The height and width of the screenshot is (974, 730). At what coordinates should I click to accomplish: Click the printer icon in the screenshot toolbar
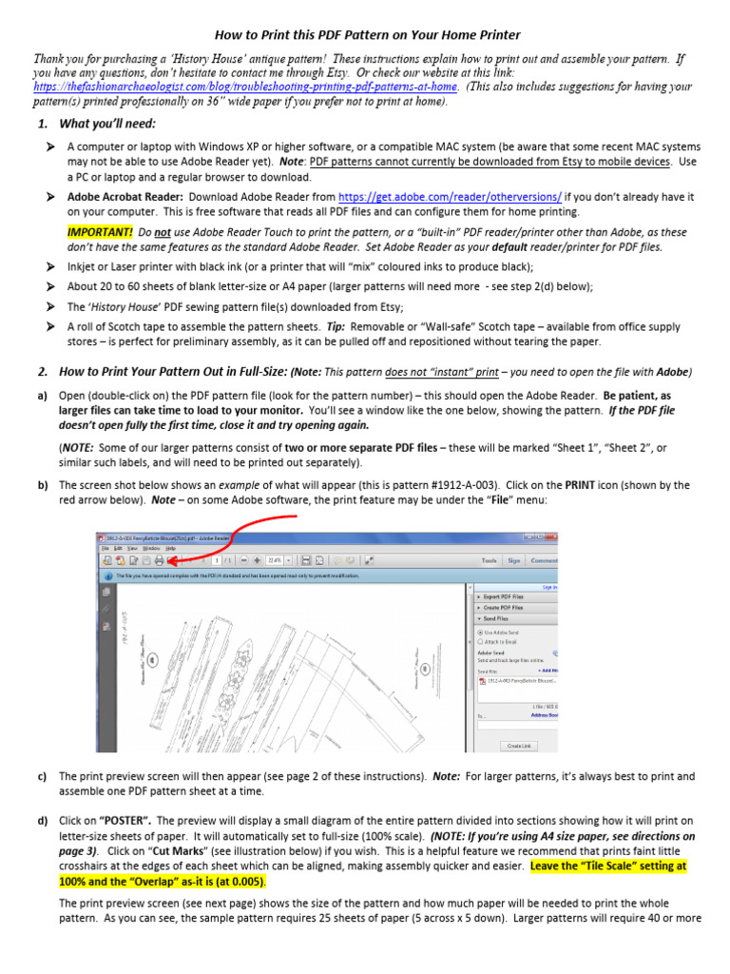(159, 560)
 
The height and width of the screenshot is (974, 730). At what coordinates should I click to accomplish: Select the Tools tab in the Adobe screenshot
(490, 561)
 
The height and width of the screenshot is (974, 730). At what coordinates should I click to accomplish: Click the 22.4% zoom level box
(276, 560)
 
